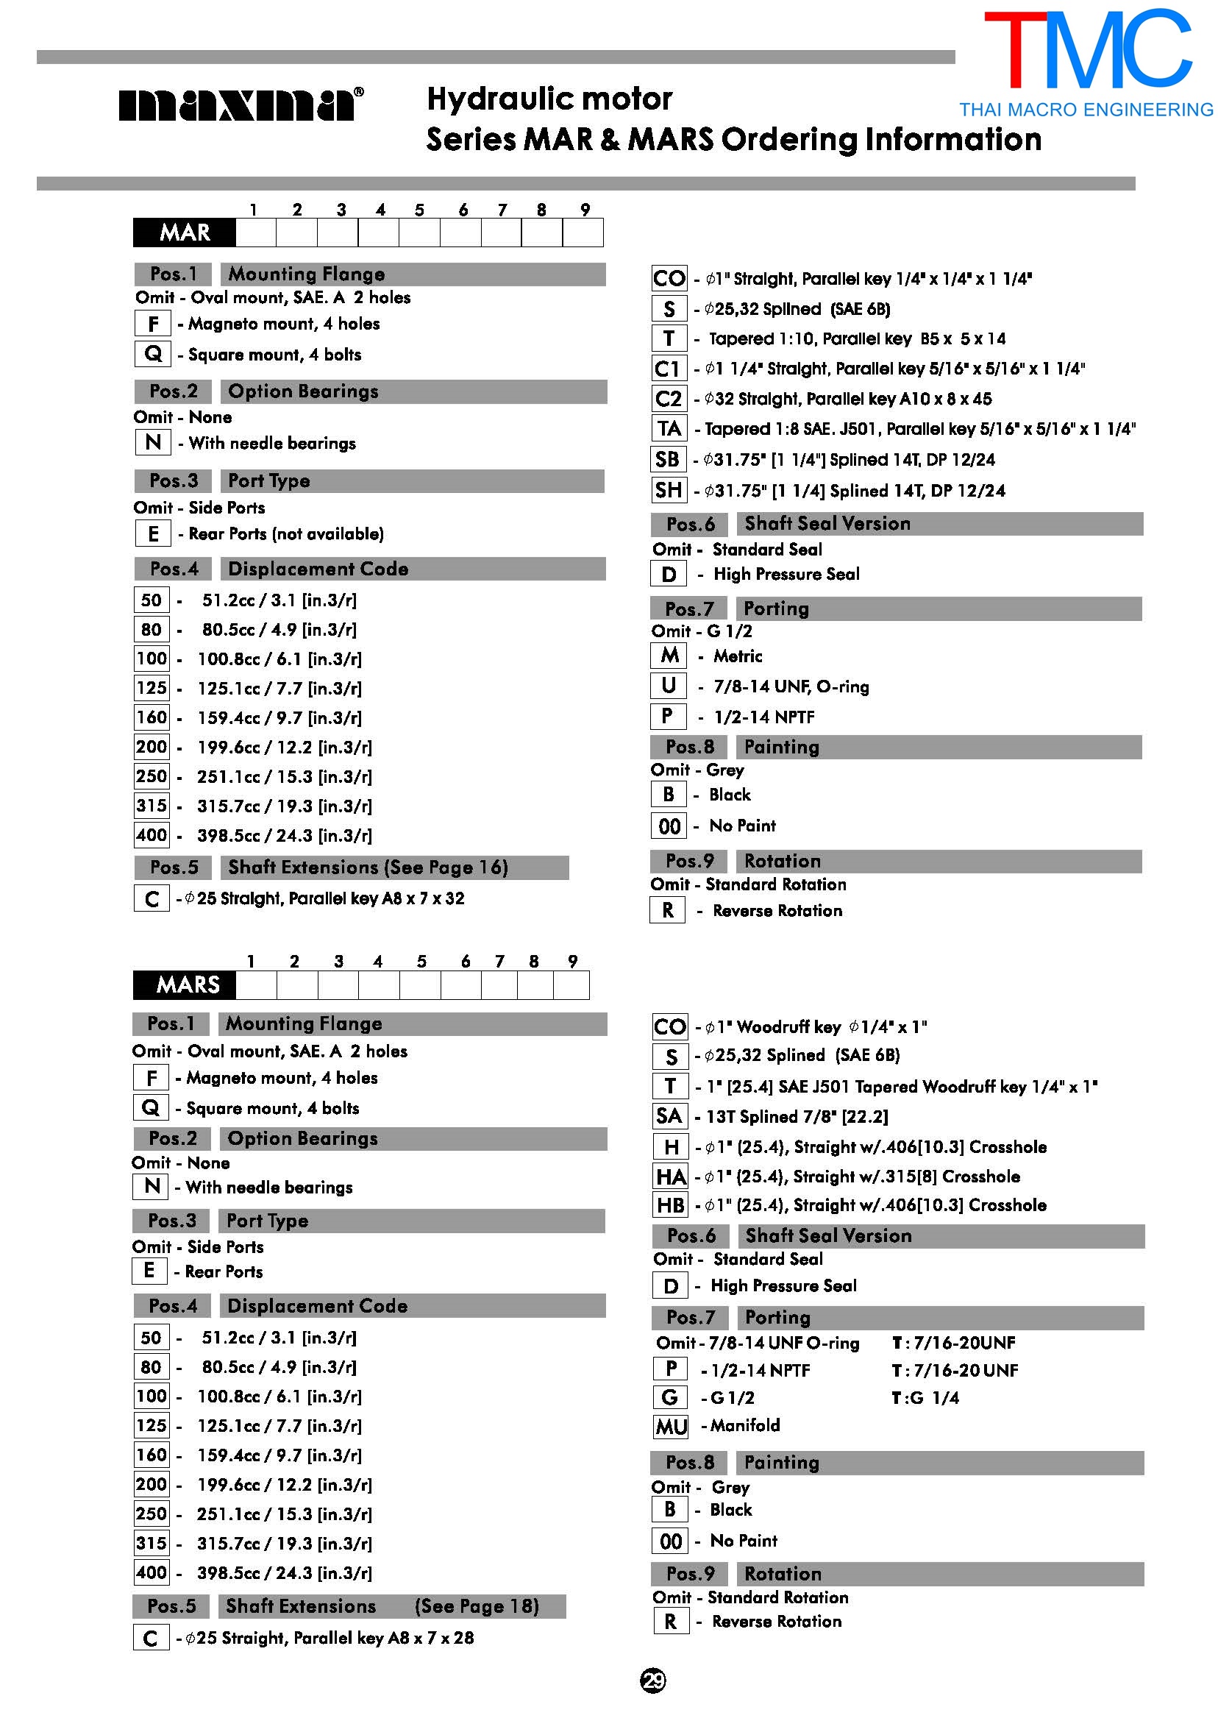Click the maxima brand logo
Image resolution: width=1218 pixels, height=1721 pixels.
click(x=241, y=104)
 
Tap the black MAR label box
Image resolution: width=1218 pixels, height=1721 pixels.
click(x=185, y=233)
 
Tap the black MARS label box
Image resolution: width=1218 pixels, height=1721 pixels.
click(x=185, y=985)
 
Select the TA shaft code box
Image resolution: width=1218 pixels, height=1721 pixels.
click(x=669, y=429)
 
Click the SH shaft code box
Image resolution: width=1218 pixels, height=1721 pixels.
click(x=669, y=491)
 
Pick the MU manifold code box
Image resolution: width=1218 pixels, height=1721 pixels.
click(x=671, y=1426)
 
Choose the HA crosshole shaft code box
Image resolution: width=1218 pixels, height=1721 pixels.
click(x=671, y=1177)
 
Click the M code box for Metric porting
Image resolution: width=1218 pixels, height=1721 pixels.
click(x=669, y=656)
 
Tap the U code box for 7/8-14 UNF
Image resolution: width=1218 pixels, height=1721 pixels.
click(x=669, y=686)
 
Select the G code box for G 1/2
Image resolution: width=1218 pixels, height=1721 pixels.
click(x=671, y=1398)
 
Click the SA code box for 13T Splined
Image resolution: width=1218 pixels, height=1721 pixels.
click(x=669, y=1116)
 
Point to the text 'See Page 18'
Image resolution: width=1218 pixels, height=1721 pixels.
click(x=477, y=1606)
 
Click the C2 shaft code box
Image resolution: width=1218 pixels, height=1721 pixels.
click(x=669, y=398)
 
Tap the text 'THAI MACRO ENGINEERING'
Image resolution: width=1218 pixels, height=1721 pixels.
click(x=1086, y=110)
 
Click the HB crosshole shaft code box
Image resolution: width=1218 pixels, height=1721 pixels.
click(x=671, y=1206)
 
